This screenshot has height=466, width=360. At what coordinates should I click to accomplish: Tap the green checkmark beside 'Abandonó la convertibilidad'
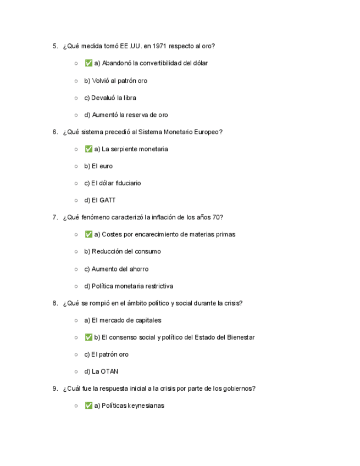click(88, 63)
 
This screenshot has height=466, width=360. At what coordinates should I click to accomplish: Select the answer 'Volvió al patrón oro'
click(115, 81)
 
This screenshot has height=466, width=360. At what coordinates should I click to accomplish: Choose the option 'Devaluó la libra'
click(110, 98)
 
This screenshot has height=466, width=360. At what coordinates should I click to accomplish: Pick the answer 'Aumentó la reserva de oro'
click(126, 115)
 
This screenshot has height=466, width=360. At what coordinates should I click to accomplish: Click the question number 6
click(55, 132)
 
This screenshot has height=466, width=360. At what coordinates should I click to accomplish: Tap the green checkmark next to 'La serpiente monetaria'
click(88, 149)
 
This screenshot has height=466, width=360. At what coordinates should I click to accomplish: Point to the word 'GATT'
click(108, 200)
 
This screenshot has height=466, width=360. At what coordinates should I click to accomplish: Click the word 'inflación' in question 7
click(159, 217)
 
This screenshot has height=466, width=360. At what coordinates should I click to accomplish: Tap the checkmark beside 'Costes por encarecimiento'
click(88, 234)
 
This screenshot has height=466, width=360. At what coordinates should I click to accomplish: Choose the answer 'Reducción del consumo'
click(123, 251)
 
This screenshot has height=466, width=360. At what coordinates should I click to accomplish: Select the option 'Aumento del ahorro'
click(116, 269)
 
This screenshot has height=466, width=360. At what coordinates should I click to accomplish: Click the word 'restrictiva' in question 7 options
click(157, 286)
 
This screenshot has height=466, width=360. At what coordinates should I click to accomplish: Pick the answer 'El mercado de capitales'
click(123, 320)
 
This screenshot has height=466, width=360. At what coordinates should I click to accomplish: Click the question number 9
click(55, 389)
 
